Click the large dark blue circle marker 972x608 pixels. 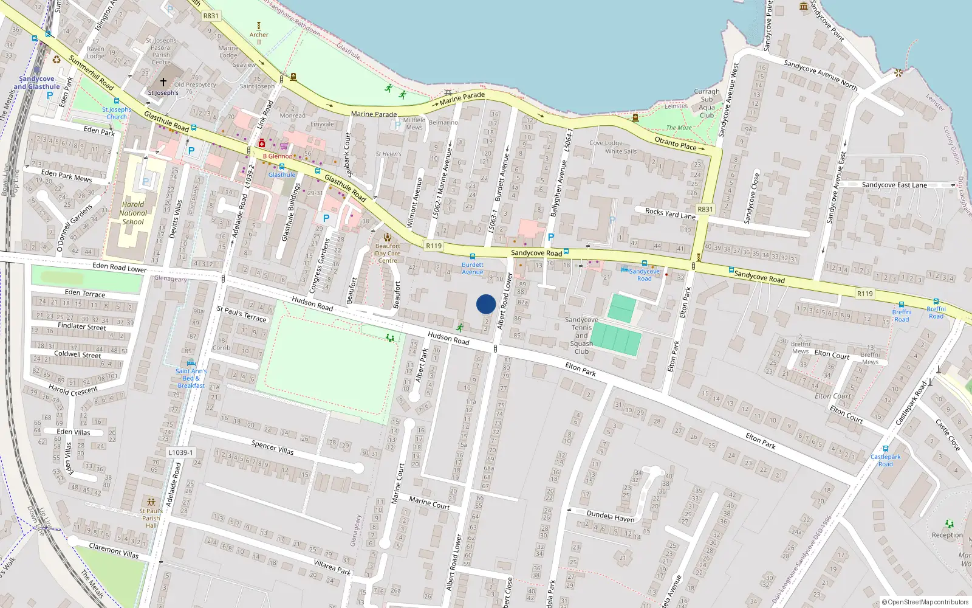pos(486,304)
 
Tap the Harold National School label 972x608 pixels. pos(133,213)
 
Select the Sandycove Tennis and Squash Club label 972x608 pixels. pos(581,336)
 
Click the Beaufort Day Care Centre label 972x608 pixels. pos(388,253)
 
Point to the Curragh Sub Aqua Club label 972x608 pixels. pos(707,103)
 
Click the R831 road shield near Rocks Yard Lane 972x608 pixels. pos(705,209)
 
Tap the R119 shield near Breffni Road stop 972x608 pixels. pos(864,294)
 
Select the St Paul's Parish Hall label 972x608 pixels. pos(151,518)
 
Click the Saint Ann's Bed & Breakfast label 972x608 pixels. pos(191,378)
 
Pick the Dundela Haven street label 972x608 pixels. pos(610,517)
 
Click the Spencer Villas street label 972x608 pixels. pos(272,447)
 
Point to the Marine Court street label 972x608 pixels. pos(429,502)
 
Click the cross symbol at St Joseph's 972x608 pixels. pos(163,81)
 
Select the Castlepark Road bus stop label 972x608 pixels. pos(885,460)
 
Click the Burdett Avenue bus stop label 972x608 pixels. pos(473,268)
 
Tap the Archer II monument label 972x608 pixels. pos(259,38)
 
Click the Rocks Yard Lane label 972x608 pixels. pos(670,213)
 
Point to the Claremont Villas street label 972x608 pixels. pos(114,550)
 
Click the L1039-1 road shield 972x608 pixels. pos(180,452)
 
